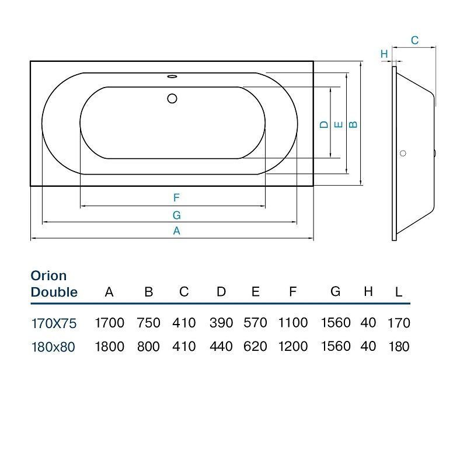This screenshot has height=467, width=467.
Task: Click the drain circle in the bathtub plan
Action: pos(172,99)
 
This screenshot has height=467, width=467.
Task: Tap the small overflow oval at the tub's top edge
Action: pos(172,75)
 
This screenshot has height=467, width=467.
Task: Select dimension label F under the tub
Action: pos(176,198)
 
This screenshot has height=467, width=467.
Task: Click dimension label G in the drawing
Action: pos(176,215)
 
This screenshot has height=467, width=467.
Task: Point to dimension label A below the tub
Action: pos(176,231)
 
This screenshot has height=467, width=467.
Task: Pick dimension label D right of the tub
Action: pos(323,124)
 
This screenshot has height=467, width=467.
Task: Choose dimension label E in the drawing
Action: pos(337,124)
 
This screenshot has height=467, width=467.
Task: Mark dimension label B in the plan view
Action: pos(352,124)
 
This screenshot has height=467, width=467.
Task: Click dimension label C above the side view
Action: pos(414,40)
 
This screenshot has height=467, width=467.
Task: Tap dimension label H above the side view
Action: pos(384,54)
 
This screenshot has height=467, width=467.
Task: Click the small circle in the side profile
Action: pos(402,154)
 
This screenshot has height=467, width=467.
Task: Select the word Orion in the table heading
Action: pos(48,276)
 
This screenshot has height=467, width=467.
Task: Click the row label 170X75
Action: pos(54,323)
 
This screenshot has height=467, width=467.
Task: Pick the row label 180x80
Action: pos(54,346)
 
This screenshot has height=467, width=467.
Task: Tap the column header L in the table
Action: pos(399,292)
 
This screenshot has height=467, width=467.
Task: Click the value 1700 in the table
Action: pos(109,323)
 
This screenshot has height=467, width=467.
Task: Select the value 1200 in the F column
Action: pos(293,346)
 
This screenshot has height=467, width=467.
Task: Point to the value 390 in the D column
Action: pos(221,323)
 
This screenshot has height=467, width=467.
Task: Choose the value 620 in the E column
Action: pos(255,346)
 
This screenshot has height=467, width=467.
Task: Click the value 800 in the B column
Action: pos(148,346)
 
